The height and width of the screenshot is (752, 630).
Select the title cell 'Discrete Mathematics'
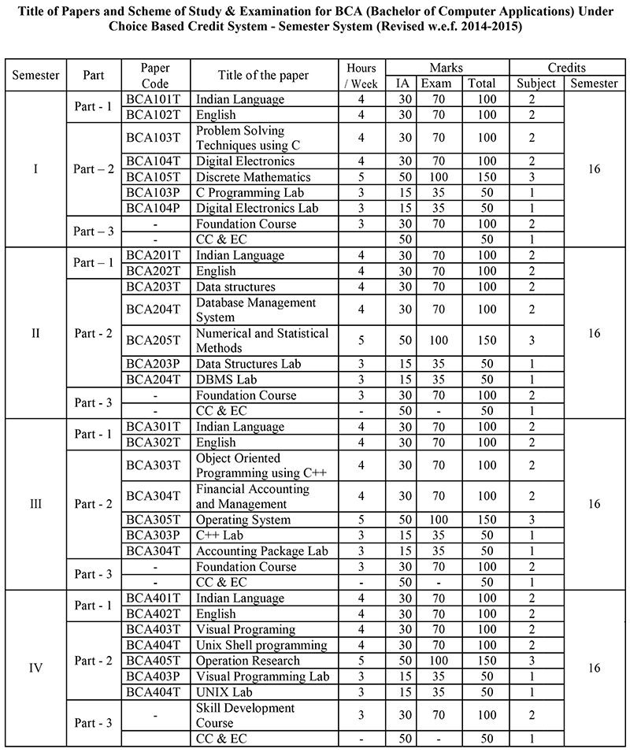click(253, 177)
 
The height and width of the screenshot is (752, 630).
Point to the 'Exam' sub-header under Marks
click(435, 83)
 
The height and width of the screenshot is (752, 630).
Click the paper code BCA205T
click(154, 340)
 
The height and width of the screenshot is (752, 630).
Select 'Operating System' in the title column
click(243, 520)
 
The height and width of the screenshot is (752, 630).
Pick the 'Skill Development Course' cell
click(245, 715)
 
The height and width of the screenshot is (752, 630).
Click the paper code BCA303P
click(154, 535)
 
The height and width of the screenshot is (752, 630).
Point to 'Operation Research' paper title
click(247, 661)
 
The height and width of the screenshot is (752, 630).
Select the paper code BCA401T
click(154, 598)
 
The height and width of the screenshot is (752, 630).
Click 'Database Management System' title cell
click(256, 310)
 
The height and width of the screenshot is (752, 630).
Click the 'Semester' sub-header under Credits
click(595, 83)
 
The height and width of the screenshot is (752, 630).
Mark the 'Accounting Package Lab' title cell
click(261, 551)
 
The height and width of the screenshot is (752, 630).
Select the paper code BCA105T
click(154, 177)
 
